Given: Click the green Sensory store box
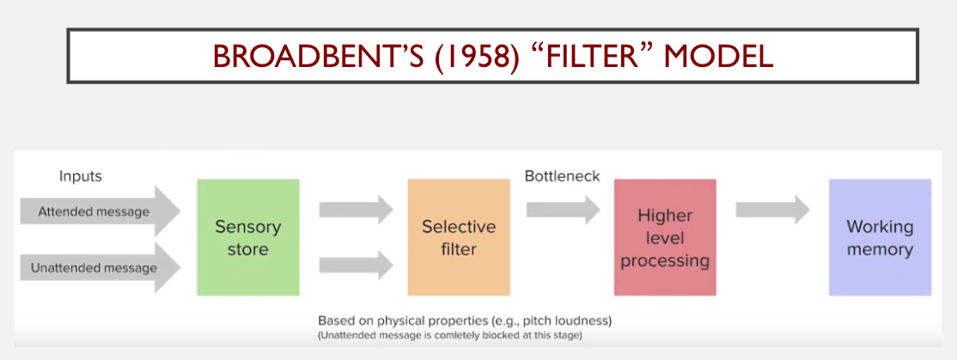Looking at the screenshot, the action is tap(247, 237).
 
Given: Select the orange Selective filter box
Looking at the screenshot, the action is tap(459, 237).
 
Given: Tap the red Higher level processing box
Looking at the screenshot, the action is tap(665, 237).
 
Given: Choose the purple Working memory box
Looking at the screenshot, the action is tap(880, 237).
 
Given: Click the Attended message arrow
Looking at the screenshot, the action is tap(101, 211).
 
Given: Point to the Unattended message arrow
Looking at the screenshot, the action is tap(101, 268).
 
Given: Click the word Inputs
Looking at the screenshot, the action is tap(81, 177).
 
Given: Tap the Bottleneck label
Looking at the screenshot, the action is tap(562, 176).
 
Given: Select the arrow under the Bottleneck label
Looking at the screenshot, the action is tap(564, 210).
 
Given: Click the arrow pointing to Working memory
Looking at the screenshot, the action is tap(772, 210).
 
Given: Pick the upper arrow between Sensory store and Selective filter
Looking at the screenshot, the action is tap(357, 210).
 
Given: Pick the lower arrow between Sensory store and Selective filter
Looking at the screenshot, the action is tap(357, 265).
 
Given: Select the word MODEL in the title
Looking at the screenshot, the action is tap(719, 57).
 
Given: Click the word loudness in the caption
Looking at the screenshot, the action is tap(585, 320).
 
